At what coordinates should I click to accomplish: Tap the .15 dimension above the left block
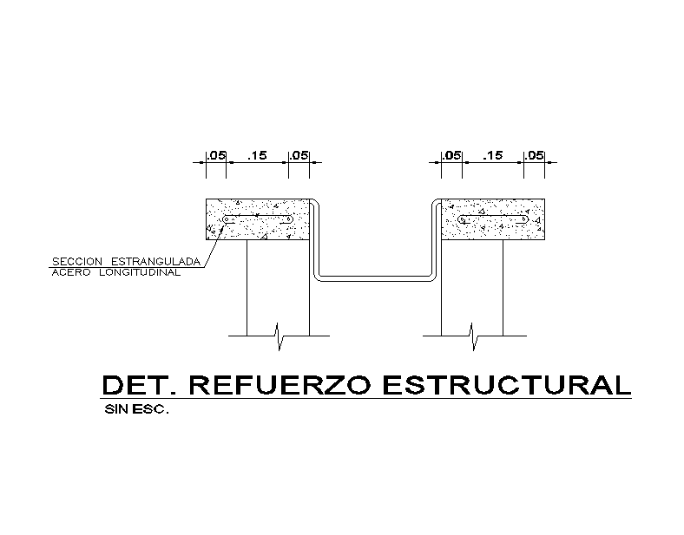coord(257,156)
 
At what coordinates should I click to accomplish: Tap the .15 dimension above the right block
coord(493,156)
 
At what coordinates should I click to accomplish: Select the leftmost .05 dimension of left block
coord(215,156)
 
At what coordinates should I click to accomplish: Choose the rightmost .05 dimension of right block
coord(534,156)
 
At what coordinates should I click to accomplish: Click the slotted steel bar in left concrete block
coord(257,220)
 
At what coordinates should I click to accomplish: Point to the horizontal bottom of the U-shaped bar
coord(373,279)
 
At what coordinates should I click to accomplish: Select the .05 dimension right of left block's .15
coord(299,156)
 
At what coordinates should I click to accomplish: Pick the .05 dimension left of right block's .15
coord(451,156)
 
